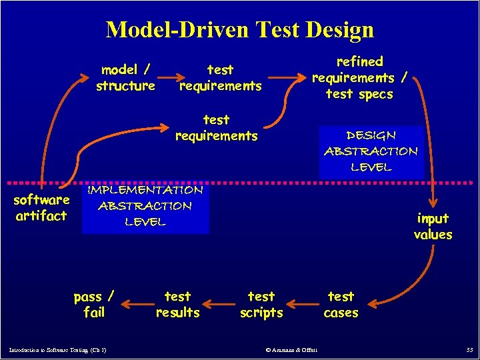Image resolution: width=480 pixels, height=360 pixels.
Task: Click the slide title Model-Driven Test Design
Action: [x=240, y=29]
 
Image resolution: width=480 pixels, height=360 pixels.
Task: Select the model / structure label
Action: [x=125, y=77]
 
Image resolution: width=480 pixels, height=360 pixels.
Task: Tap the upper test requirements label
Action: [x=220, y=77]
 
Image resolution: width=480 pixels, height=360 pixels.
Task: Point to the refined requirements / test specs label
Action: [x=361, y=77]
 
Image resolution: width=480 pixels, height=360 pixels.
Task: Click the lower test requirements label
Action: [x=216, y=127]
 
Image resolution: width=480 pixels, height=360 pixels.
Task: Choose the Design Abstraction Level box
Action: [x=371, y=151]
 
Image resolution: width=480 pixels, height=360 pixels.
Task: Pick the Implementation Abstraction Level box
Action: [x=145, y=206]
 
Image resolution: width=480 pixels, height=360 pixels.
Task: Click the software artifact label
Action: [x=41, y=207]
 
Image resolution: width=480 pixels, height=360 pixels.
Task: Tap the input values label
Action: [x=433, y=226]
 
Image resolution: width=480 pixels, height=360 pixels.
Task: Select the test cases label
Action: [x=341, y=304]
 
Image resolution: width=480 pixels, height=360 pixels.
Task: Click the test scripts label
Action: [x=261, y=304]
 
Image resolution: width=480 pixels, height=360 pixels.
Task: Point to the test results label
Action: [x=177, y=304]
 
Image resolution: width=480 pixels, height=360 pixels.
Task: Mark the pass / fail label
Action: [x=94, y=304]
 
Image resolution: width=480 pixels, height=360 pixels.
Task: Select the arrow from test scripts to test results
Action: [x=221, y=306]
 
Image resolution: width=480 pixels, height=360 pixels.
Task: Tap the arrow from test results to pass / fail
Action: [x=136, y=306]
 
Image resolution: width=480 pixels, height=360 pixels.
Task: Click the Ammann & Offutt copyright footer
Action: [x=291, y=350]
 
